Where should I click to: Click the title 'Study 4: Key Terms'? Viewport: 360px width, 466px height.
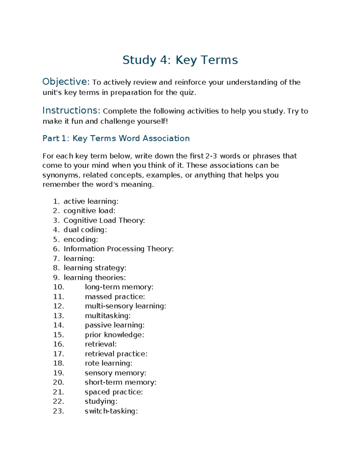pos(180,60)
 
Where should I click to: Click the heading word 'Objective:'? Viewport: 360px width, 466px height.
pos(66,82)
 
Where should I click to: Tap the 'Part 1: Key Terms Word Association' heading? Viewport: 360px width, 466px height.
pos(116,138)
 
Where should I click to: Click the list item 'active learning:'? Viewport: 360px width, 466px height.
pos(91,201)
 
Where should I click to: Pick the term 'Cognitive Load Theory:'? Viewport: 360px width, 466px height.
pos(104,221)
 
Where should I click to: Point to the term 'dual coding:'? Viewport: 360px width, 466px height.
pos(85,230)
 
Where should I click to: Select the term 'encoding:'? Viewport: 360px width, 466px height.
pos(81,239)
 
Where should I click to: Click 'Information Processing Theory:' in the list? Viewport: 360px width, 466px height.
pos(118,249)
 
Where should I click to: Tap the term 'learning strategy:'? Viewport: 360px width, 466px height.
pos(95,268)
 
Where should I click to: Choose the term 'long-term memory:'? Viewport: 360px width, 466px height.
pos(119,287)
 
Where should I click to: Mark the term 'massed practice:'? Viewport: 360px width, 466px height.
pos(115,297)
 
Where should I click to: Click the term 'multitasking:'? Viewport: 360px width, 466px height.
pos(108,316)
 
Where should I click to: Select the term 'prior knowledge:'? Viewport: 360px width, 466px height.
pos(114,335)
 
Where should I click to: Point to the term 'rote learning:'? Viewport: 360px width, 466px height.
pos(108,363)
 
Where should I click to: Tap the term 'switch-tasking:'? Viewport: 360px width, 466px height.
pos(111,411)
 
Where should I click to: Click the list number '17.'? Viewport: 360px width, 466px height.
pos(58,354)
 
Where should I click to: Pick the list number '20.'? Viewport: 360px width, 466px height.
pos(58,382)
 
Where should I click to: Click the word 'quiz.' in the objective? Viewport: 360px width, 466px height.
pos(187,93)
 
